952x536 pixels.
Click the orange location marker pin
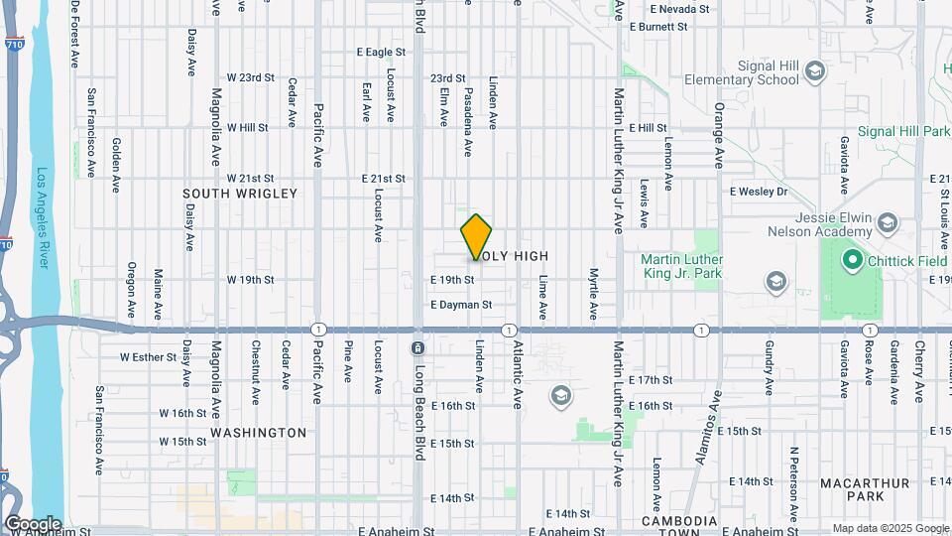click(477, 237)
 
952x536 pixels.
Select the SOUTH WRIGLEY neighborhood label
click(240, 194)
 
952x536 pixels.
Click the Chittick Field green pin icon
click(850, 261)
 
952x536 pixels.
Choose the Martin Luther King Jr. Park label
click(683, 266)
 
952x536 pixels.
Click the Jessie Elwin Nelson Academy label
click(819, 225)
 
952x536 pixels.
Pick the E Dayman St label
click(461, 305)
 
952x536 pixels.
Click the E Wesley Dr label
click(758, 192)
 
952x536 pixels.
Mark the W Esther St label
click(148, 356)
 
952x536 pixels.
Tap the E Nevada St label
click(679, 9)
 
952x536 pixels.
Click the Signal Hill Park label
click(890, 131)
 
